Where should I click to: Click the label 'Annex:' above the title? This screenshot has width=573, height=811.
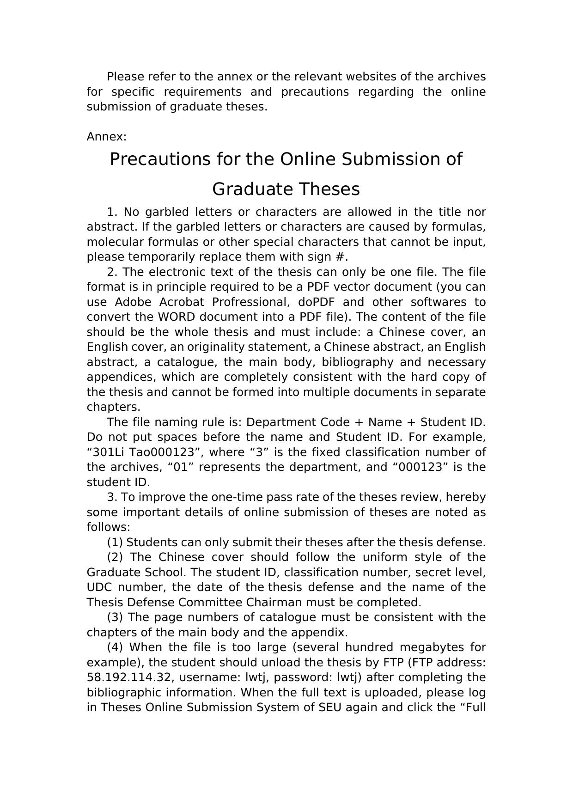(x=106, y=137)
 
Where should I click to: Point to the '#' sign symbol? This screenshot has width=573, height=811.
(x=340, y=257)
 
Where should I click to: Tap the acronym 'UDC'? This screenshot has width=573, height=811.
(x=99, y=587)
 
